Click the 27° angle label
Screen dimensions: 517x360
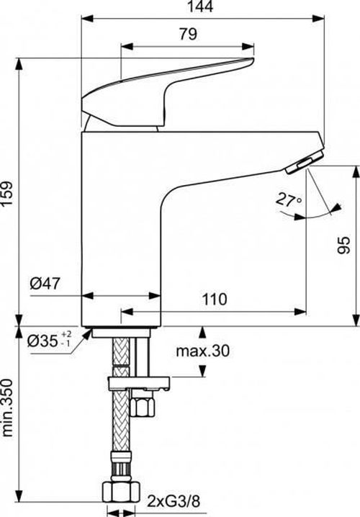[286, 200]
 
